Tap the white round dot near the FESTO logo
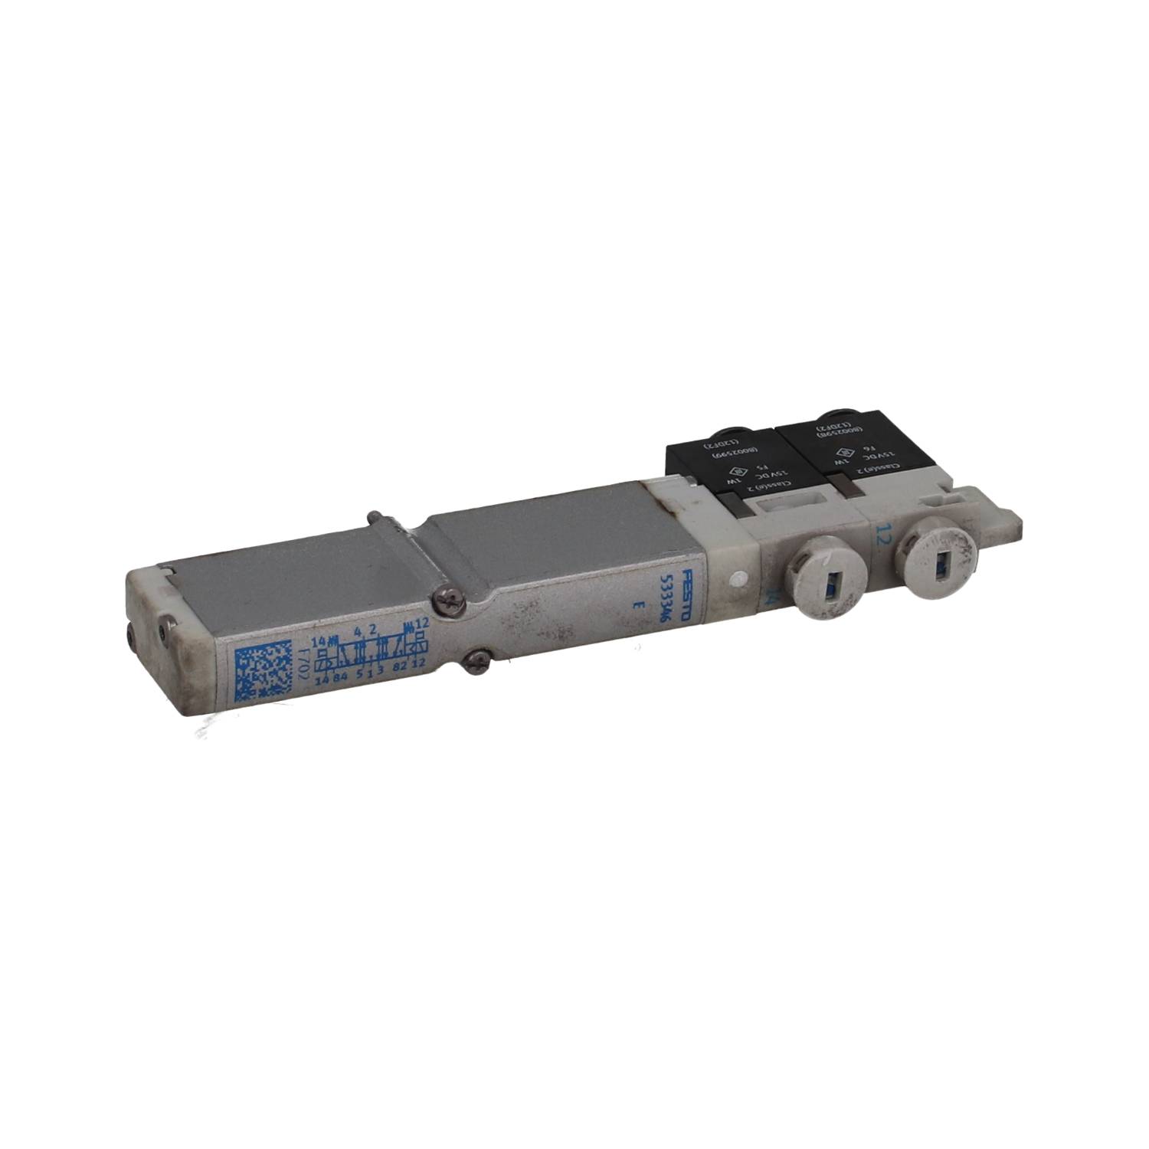738,578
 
